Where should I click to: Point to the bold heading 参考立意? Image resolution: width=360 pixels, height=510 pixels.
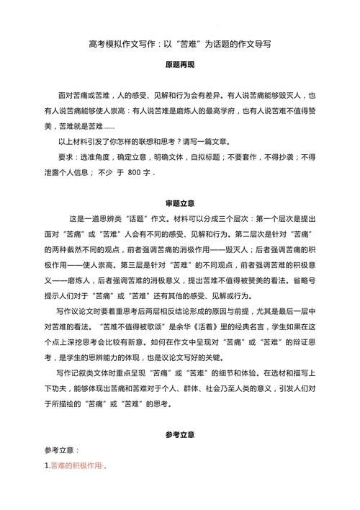pyautogui.click(x=180, y=435)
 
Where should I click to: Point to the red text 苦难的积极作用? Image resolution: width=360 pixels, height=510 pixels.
pyautogui.click(x=74, y=467)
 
